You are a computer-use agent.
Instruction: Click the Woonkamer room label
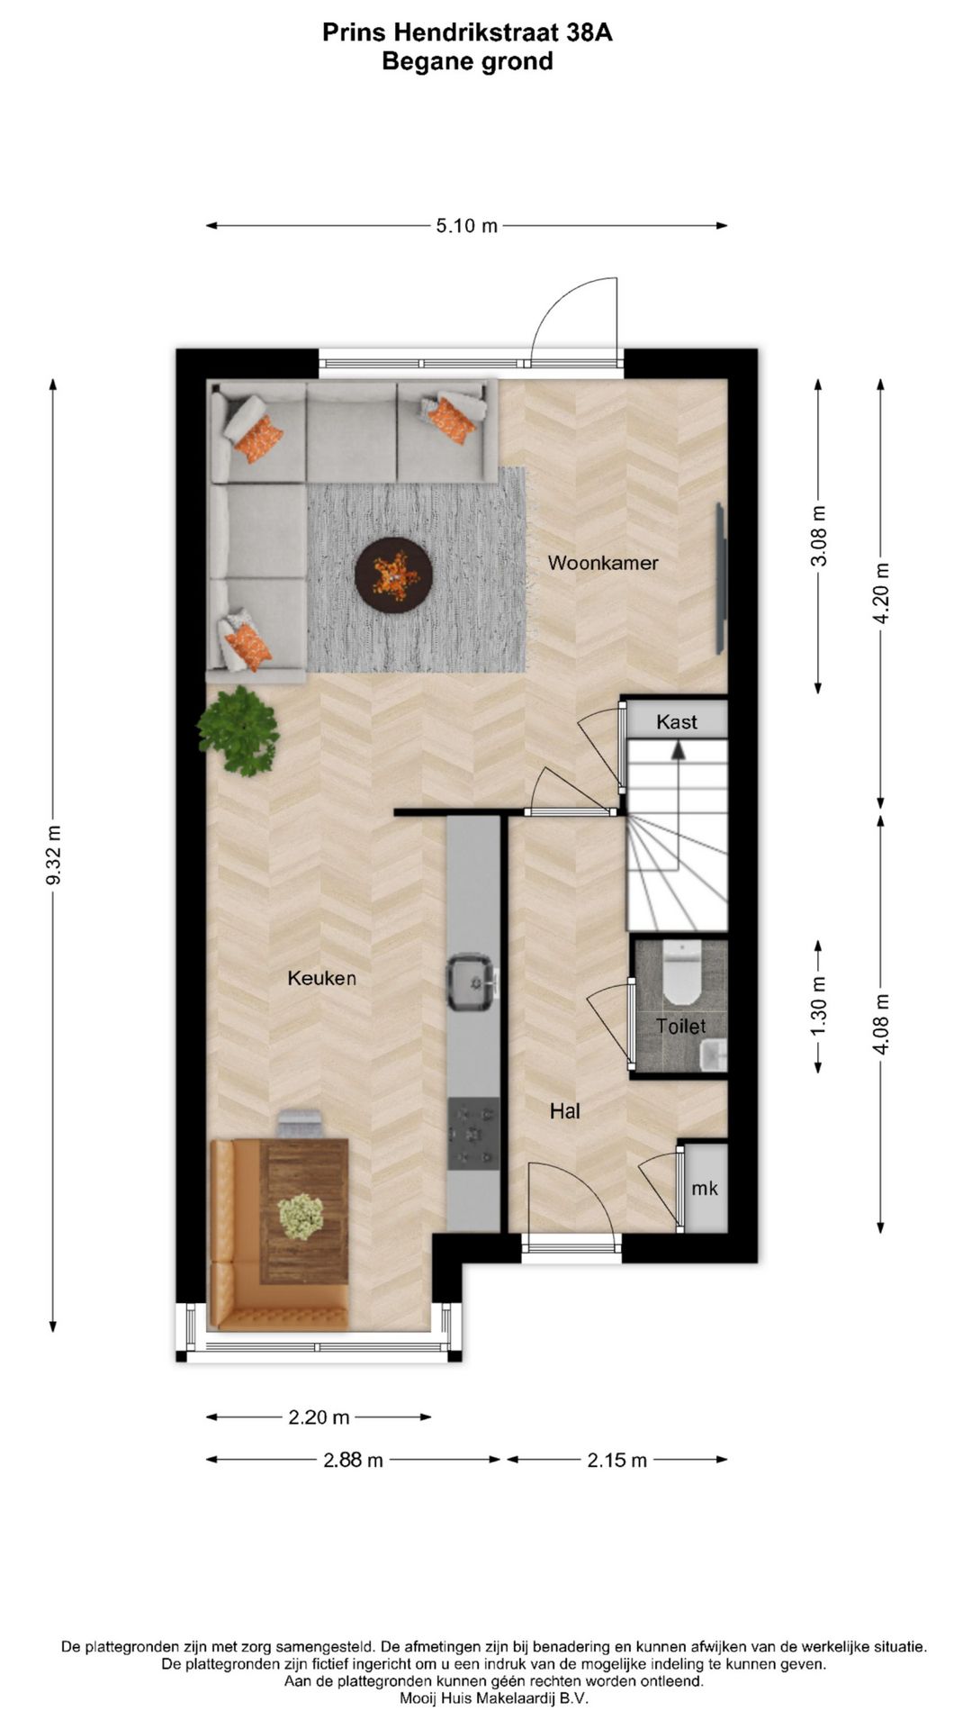pyautogui.click(x=603, y=563)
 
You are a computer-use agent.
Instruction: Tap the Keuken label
pyautogui.click(x=322, y=978)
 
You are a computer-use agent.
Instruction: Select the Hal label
pyautogui.click(x=565, y=1112)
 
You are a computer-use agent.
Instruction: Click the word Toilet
pyautogui.click(x=680, y=1027)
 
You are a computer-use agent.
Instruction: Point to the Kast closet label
pyautogui.click(x=677, y=722)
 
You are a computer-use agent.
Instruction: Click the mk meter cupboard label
pyautogui.click(x=705, y=1189)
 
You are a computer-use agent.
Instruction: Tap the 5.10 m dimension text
pyautogui.click(x=466, y=226)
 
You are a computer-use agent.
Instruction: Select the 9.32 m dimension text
pyautogui.click(x=53, y=855)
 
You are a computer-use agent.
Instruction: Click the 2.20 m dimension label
pyautogui.click(x=319, y=1417)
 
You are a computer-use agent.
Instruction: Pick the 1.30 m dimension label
pyautogui.click(x=818, y=1006)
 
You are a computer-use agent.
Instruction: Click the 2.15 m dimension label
pyautogui.click(x=616, y=1460)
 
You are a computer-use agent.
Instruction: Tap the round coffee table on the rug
pyautogui.click(x=393, y=575)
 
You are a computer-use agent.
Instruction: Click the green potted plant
pyautogui.click(x=239, y=730)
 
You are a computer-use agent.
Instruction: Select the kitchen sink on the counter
pyautogui.click(x=472, y=982)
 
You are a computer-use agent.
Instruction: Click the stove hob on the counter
pyautogui.click(x=473, y=1134)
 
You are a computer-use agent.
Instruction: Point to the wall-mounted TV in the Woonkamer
pyautogui.click(x=720, y=578)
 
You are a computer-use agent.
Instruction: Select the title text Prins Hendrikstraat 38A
pyautogui.click(x=467, y=33)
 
